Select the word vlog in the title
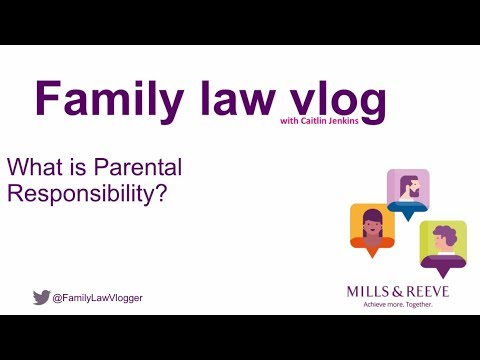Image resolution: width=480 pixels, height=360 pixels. pos(331,99)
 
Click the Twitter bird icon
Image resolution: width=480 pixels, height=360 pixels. pos(41,297)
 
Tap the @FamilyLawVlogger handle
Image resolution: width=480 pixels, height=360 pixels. pos(97,297)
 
